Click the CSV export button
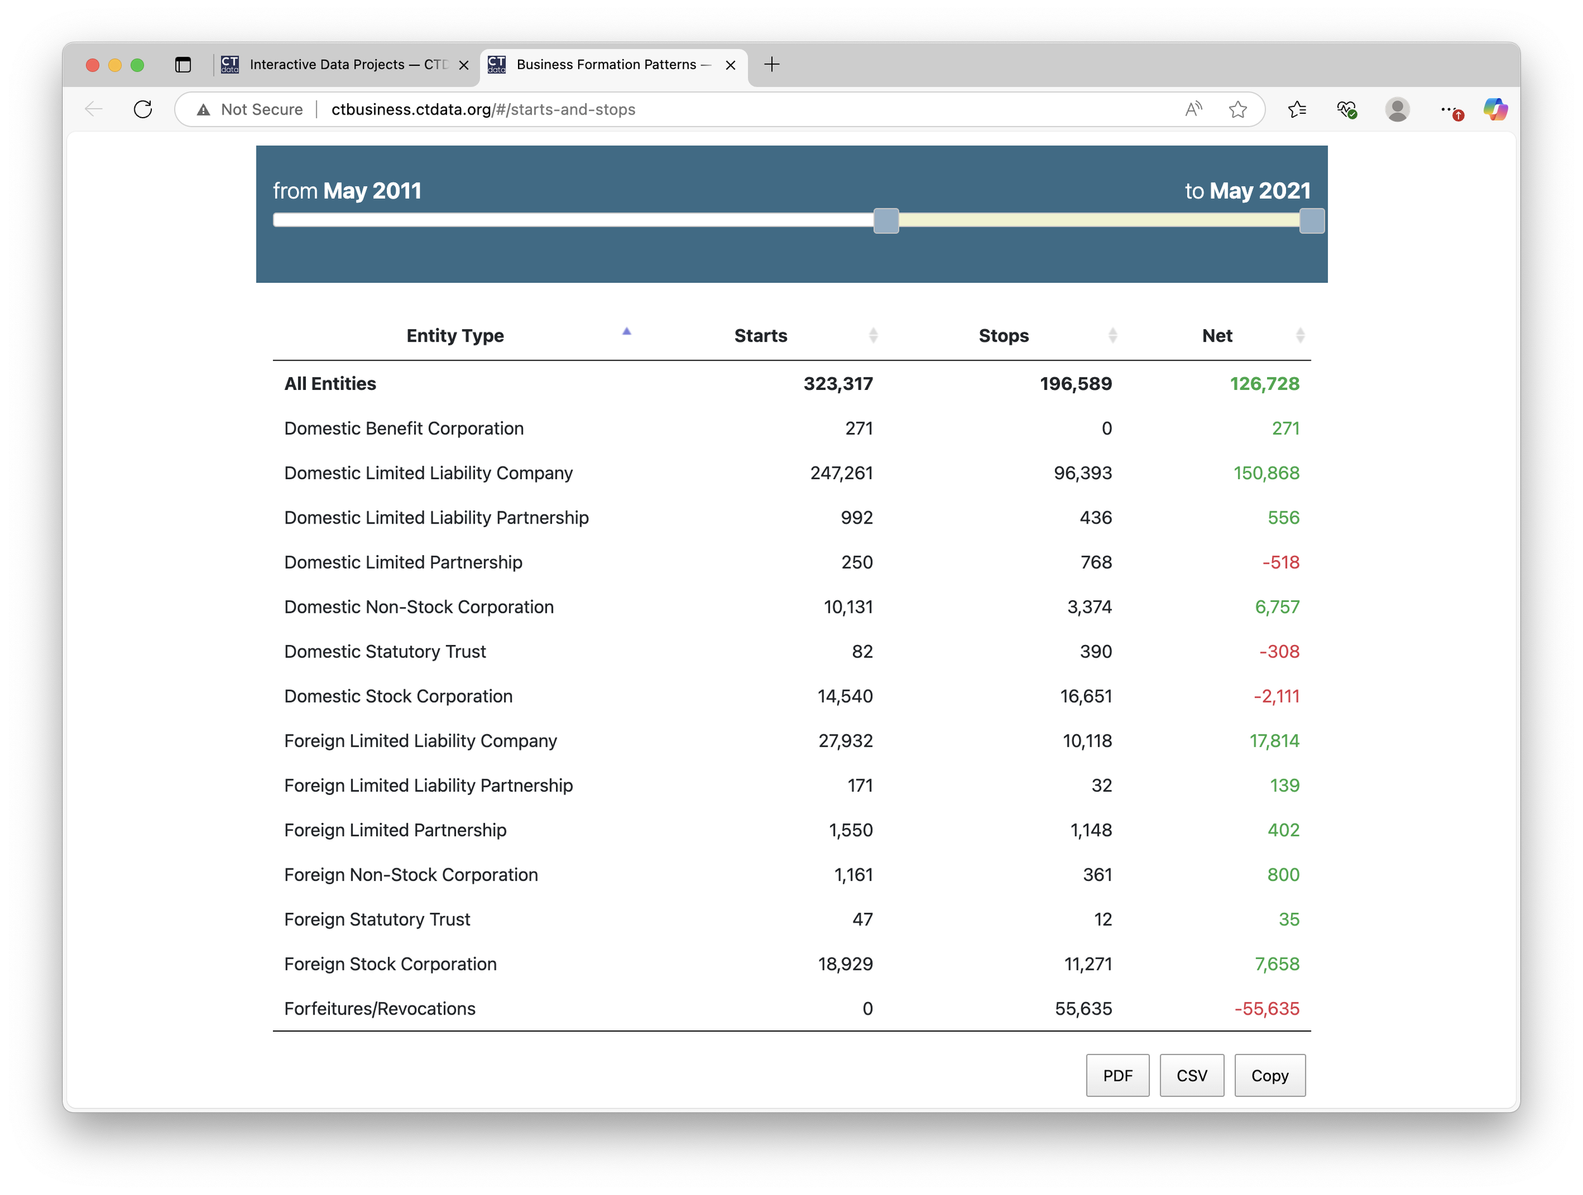tap(1192, 1075)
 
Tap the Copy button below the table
tap(1270, 1075)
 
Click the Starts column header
tap(760, 335)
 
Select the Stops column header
tap(1004, 335)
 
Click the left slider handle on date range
tap(886, 221)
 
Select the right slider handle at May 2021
tap(1311, 221)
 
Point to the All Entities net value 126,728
tap(1264, 384)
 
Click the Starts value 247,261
tap(841, 473)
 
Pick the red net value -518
tap(1280, 563)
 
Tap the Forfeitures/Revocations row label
tap(379, 1009)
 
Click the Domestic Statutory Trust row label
tap(384, 652)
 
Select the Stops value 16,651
tap(1086, 696)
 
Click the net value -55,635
tap(1266, 1009)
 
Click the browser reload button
tap(143, 109)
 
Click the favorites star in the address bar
tap(1237, 109)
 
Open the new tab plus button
tap(771, 65)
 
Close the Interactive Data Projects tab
tap(464, 65)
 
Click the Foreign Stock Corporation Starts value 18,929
tap(845, 965)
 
